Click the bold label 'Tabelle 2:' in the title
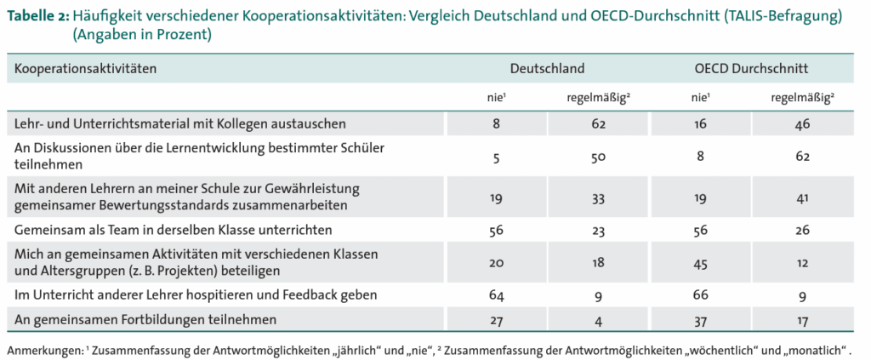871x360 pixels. click(x=37, y=17)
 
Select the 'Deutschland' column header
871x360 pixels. click(x=547, y=68)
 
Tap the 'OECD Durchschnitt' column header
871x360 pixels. click(x=751, y=68)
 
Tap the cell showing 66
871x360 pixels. click(x=700, y=295)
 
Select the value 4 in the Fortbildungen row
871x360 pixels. click(x=598, y=320)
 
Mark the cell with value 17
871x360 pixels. click(x=802, y=320)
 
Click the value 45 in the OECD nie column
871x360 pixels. click(x=700, y=262)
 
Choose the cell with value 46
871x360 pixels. click(x=802, y=123)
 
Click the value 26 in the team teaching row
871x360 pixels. click(x=802, y=229)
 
